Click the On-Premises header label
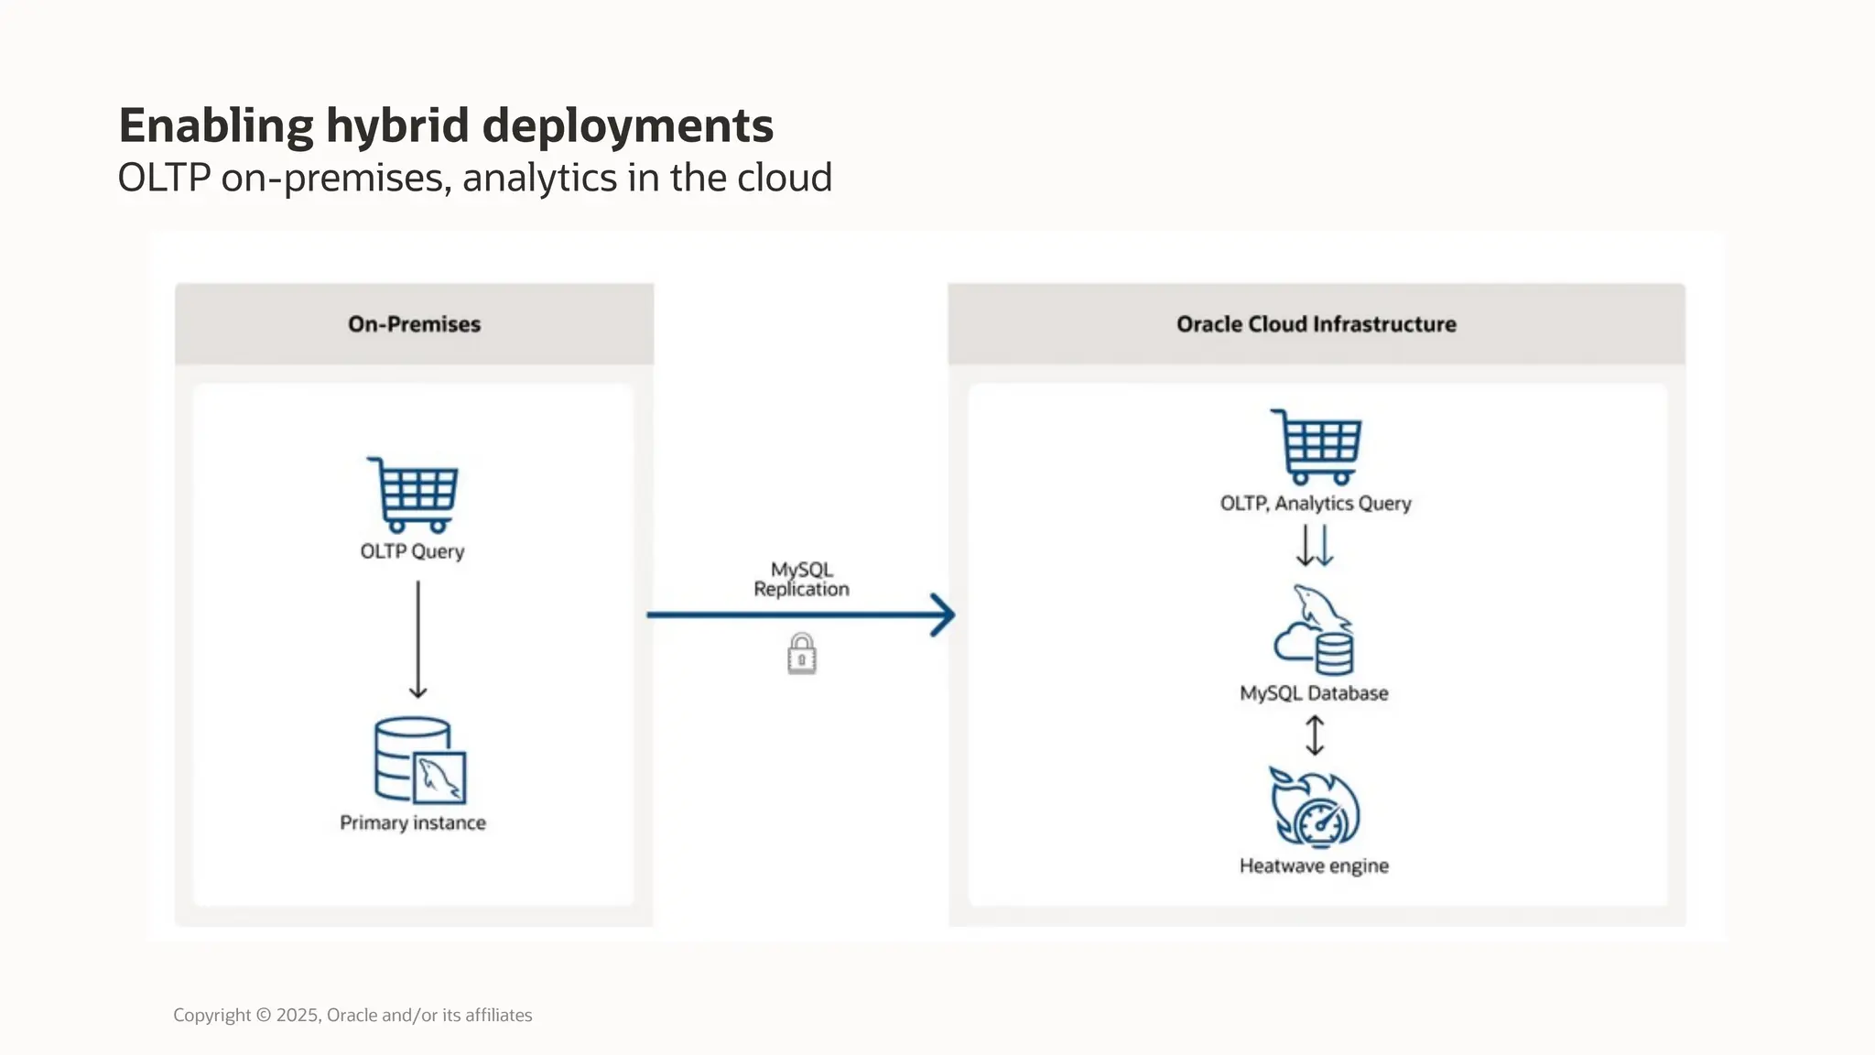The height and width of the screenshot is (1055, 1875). coord(414,324)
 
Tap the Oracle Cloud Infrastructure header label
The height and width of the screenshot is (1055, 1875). coord(1316,324)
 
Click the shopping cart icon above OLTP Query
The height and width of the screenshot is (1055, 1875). coord(414,495)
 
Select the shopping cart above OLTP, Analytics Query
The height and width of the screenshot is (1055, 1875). coord(1317,447)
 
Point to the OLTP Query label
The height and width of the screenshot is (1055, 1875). coord(412,551)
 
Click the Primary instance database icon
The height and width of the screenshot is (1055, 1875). coord(419,760)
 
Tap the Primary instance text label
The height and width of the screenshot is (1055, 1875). coord(413,822)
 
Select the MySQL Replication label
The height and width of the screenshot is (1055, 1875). coord(801,580)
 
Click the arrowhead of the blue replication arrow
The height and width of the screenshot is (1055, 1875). coord(943,615)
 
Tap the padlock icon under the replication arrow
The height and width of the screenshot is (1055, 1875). coord(801,654)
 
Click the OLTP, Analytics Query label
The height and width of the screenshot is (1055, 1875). coord(1316,504)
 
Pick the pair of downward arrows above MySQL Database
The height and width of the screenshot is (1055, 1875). coord(1316,546)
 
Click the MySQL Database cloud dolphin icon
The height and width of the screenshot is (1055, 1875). coord(1315,631)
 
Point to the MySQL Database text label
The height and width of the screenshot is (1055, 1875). coord(1314,693)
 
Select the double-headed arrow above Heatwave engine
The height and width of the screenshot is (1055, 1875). coord(1315,735)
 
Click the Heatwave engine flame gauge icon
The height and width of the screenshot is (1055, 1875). coord(1315,808)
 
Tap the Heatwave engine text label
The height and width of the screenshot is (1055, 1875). coord(1314,865)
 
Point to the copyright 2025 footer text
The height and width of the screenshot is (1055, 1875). coord(352,1015)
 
